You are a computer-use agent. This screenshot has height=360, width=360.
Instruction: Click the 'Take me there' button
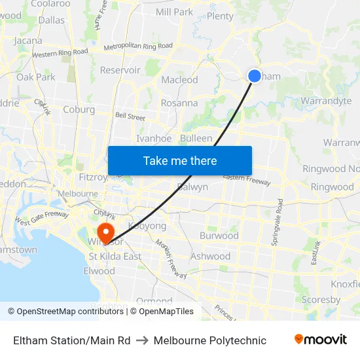click(180, 160)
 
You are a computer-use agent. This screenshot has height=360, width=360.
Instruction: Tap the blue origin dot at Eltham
click(255, 76)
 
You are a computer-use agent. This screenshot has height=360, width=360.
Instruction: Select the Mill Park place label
click(174, 12)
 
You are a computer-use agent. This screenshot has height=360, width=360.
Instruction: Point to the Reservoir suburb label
click(120, 70)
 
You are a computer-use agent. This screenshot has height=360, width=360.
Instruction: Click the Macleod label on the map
click(179, 80)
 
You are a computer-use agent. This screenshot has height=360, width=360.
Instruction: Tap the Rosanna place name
click(179, 103)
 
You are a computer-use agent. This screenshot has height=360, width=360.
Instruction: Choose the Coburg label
click(79, 110)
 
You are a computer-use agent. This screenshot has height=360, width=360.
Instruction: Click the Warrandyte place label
click(326, 101)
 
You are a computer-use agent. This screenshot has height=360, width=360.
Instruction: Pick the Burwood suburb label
click(219, 235)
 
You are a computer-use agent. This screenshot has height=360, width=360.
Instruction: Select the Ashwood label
click(210, 257)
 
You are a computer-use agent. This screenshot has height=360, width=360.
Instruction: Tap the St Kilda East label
click(115, 257)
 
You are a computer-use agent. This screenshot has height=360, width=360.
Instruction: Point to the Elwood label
click(99, 271)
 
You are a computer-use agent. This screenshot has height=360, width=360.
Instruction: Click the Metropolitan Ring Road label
click(138, 46)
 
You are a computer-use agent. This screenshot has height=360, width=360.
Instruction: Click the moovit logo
click(320, 340)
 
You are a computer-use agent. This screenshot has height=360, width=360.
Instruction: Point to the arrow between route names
click(142, 340)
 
